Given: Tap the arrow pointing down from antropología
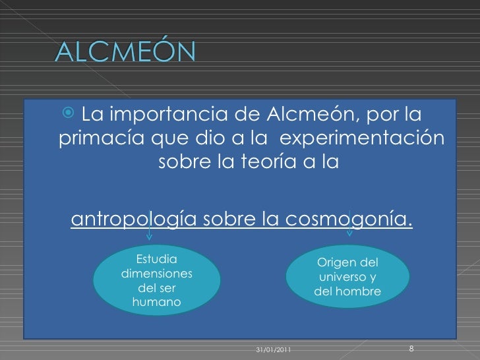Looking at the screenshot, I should coord(150,231).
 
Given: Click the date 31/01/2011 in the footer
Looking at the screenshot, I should coord(272,349).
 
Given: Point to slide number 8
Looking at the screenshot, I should coord(411,347).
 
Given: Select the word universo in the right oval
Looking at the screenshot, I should coord(343,277).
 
